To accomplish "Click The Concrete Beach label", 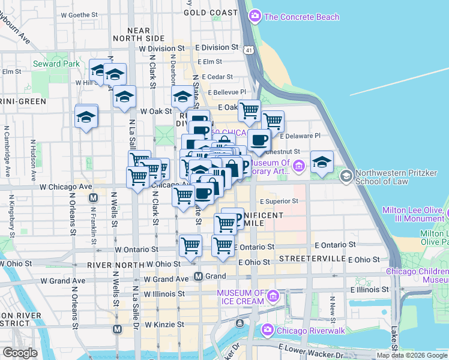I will coord(301,17).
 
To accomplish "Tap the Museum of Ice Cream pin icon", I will coord(273,296).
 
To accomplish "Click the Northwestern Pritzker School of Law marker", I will coord(346,176).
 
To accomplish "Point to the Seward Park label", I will coord(56,64).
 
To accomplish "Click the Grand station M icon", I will coord(197,277).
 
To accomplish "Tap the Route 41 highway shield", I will coord(248,50).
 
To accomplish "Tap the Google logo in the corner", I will coord(20,353).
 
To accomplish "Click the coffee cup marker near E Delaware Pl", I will coord(259,140).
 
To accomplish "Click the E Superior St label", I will coord(279,202).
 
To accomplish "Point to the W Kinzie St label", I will coord(164,325).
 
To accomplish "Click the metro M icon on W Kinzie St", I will coord(118,329).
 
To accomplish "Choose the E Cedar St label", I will coord(217,77).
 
